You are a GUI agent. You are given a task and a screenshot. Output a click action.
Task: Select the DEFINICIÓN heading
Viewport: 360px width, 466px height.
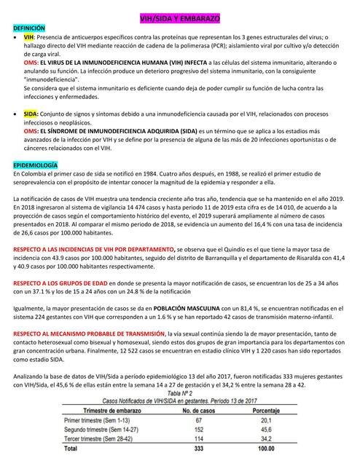click(x=28, y=26)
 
